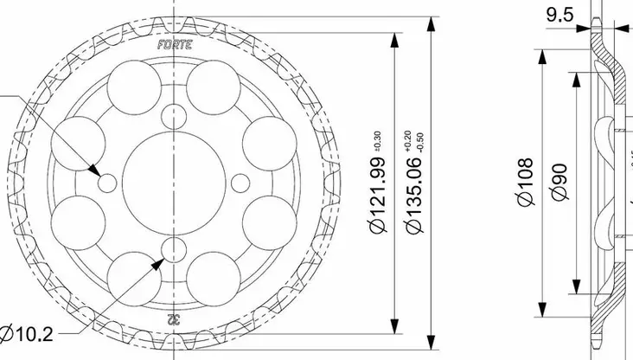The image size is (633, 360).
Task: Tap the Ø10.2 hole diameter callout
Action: click(26, 333)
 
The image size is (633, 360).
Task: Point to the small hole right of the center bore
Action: click(241, 183)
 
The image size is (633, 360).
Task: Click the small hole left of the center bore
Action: click(107, 183)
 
